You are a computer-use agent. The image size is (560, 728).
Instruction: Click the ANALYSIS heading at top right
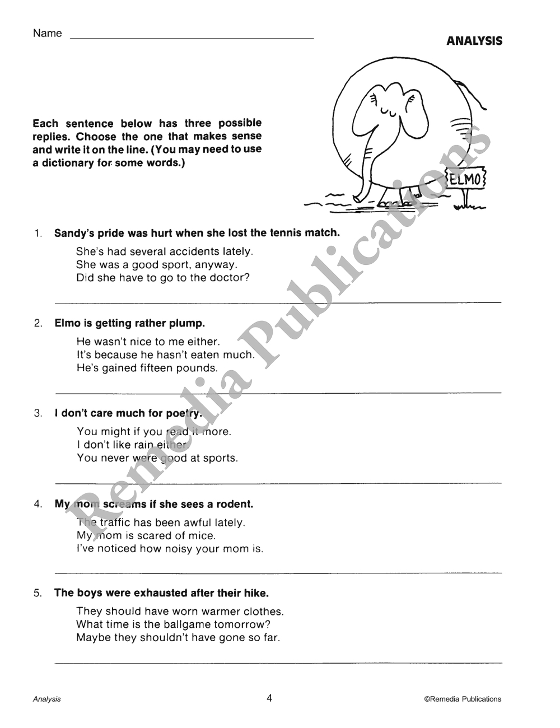tap(474, 41)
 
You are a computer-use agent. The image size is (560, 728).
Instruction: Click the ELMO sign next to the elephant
tap(466, 180)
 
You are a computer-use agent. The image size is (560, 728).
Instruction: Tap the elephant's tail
tap(473, 93)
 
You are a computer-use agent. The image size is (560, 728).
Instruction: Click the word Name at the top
tap(48, 34)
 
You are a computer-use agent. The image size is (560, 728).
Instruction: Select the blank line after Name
tap(192, 38)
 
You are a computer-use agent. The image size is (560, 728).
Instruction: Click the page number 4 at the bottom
tap(269, 698)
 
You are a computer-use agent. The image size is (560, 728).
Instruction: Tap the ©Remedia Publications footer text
tap(463, 699)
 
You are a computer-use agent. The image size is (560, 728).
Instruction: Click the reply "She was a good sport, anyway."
tap(157, 265)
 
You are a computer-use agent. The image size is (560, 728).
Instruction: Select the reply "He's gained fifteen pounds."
tap(147, 368)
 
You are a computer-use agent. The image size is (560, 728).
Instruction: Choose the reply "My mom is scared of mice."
tap(146, 535)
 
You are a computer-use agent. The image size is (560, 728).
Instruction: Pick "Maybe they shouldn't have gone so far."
tap(178, 637)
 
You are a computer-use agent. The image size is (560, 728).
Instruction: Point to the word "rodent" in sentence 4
tap(235, 504)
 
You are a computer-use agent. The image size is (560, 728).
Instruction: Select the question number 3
tap(38, 414)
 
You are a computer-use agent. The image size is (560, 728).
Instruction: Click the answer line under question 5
tap(278, 662)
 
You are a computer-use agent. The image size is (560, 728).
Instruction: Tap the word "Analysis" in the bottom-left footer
tap(47, 699)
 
